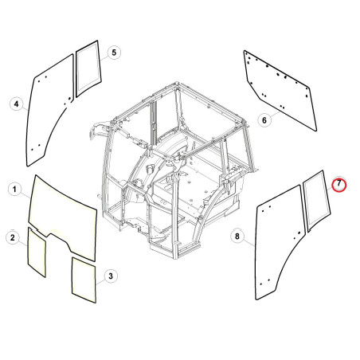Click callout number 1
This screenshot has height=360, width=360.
[x=14, y=190]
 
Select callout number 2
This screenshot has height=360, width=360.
[x=13, y=237]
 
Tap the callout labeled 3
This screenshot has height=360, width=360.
[x=111, y=276]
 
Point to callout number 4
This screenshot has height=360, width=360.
[x=17, y=104]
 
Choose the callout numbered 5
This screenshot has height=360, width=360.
[x=114, y=53]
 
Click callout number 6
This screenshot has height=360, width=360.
[x=264, y=120]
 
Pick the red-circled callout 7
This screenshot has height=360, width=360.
[x=339, y=184]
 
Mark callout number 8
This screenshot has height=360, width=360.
[x=237, y=236]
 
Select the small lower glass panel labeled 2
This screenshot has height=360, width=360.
[x=37, y=252]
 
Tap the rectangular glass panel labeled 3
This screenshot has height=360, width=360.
[x=84, y=280]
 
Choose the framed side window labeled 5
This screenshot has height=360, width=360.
[x=88, y=68]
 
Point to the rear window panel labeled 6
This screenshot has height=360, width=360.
[x=280, y=90]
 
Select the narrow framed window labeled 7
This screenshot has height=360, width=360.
[x=317, y=201]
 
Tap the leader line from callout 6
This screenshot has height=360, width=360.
[x=276, y=115]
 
